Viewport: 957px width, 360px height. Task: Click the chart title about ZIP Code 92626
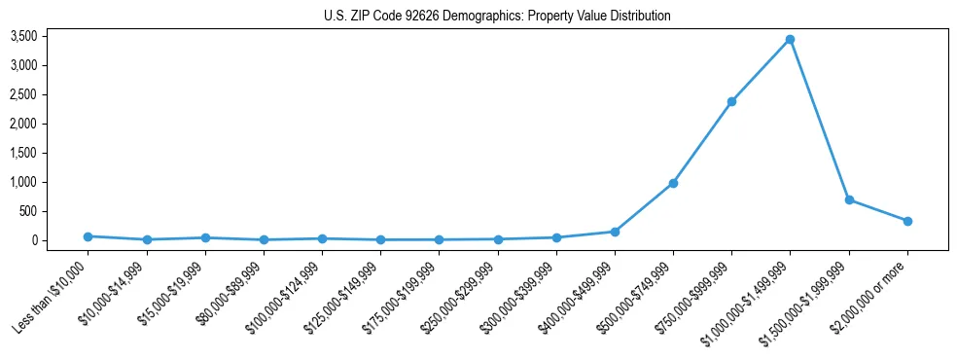[497, 17]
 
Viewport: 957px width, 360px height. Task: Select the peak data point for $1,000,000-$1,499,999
[790, 40]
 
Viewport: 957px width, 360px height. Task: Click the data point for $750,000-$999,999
[731, 101]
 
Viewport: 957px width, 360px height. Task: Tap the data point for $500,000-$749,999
[673, 183]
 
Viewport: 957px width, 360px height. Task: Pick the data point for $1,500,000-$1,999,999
[849, 199]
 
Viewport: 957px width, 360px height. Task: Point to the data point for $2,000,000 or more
[907, 221]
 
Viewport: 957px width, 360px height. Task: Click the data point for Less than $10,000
[88, 236]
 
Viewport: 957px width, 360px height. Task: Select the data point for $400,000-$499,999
[615, 232]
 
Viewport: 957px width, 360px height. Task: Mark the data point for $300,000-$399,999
[556, 237]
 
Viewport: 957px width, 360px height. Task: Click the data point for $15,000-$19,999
[204, 237]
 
